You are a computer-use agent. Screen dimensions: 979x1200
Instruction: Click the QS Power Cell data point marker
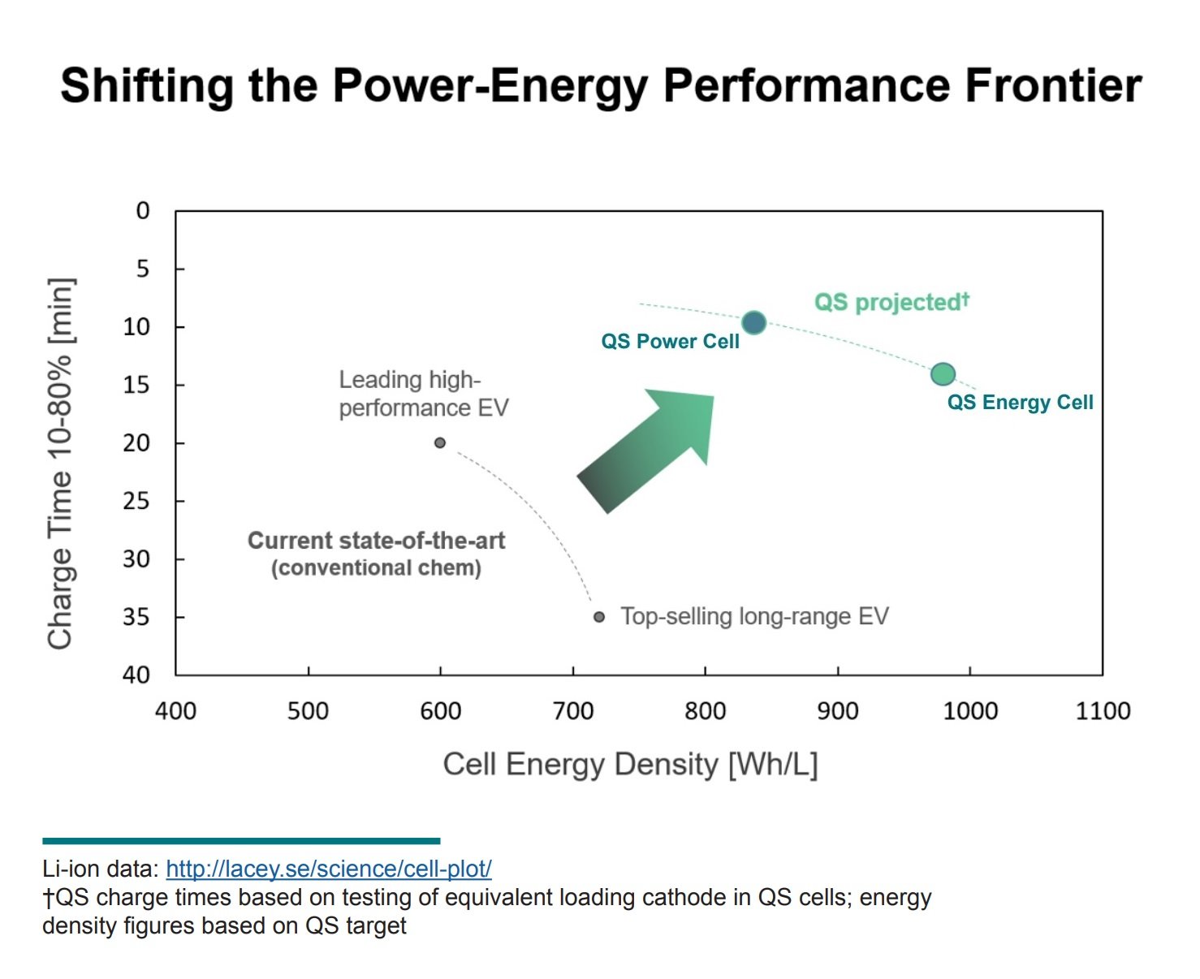coord(753,323)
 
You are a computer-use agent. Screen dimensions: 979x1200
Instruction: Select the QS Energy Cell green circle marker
coord(943,374)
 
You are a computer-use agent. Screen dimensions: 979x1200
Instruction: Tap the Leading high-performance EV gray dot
coord(440,443)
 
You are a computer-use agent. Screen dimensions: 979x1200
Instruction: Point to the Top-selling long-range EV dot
coord(599,617)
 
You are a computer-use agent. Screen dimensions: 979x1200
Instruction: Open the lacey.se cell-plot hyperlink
coord(329,869)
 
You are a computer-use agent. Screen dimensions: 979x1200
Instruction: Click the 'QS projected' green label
coord(891,302)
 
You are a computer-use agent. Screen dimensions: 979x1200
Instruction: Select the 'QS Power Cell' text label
coord(670,342)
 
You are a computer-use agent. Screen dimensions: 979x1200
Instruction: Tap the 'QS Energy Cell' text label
coord(1020,403)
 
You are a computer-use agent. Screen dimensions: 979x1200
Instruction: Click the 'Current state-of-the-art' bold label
coord(376,541)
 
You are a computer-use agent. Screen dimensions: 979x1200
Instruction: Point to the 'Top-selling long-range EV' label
coord(754,617)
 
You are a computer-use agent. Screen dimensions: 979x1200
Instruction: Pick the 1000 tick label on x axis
coord(969,711)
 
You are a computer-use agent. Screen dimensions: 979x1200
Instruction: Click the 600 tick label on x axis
coord(440,711)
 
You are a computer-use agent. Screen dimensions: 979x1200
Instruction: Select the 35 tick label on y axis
coord(136,618)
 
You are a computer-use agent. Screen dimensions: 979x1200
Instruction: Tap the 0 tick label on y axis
coord(143,211)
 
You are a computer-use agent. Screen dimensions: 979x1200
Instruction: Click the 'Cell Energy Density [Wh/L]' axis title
coord(630,765)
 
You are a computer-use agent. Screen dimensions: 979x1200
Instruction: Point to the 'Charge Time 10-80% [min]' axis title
coord(61,464)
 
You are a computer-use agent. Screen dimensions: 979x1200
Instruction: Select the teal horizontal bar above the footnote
coord(241,841)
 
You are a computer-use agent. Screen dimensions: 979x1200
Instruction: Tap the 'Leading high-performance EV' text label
coord(423,394)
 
